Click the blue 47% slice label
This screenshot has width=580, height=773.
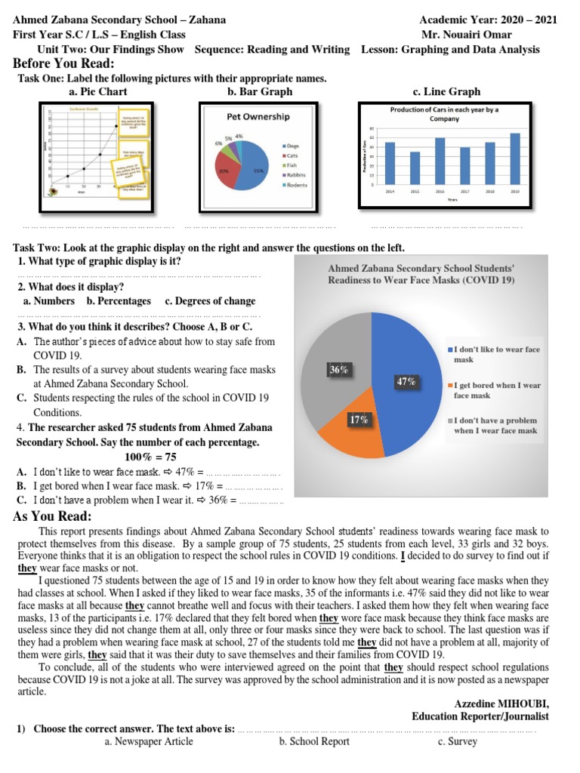[x=406, y=381]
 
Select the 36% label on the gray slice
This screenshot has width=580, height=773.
[x=339, y=369]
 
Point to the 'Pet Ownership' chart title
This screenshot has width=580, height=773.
[x=258, y=117]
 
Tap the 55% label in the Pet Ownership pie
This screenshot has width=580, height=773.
[x=258, y=171]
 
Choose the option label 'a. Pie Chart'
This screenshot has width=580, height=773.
[x=97, y=91]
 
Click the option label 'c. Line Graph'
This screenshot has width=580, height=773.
[x=446, y=91]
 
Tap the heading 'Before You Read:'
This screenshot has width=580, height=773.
[x=64, y=63]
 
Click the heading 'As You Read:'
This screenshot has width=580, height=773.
[x=53, y=516]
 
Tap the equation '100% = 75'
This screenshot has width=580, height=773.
[x=150, y=457]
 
